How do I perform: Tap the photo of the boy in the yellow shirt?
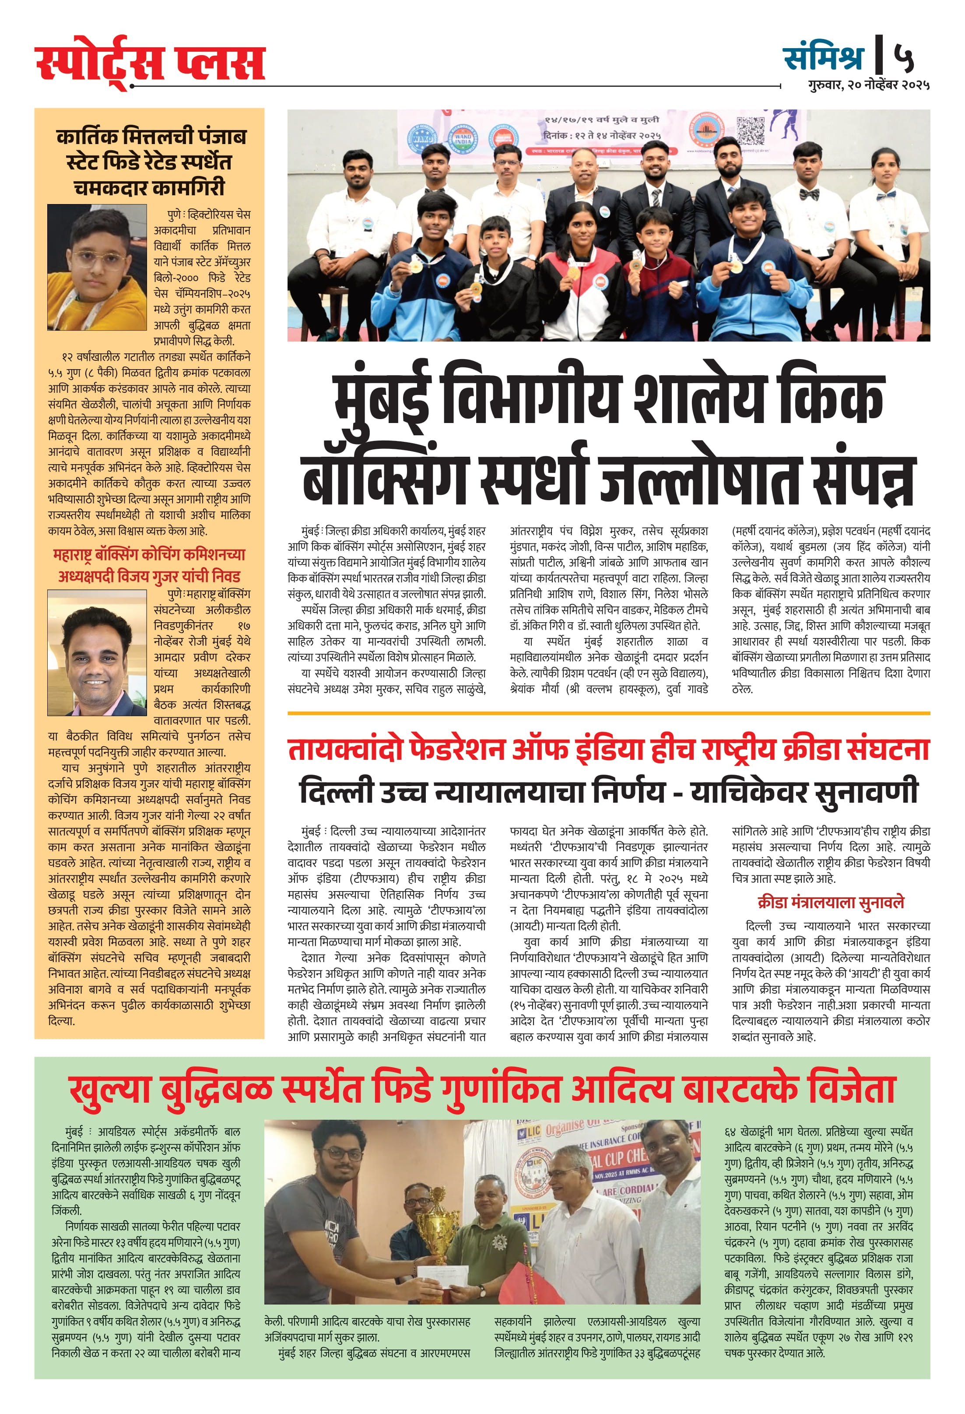tap(97, 267)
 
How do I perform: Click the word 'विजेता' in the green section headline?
tap(851, 1089)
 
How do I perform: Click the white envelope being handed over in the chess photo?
tap(442, 1272)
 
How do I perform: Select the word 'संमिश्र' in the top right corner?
tap(823, 57)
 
